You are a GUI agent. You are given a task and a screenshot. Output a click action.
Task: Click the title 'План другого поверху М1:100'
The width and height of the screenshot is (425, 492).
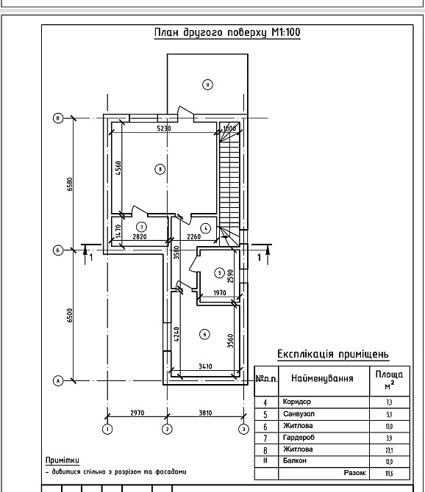pyautogui.click(x=227, y=32)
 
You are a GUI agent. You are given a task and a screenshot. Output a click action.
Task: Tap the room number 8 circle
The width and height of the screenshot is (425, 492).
pyautogui.click(x=160, y=170)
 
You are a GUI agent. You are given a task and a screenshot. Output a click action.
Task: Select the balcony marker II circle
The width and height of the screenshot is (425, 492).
pyautogui.click(x=207, y=84)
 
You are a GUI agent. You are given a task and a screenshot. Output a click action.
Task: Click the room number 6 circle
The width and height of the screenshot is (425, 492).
pyautogui.click(x=205, y=334)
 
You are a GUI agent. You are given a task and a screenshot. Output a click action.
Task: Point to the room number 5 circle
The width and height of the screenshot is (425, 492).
pyautogui.click(x=220, y=273)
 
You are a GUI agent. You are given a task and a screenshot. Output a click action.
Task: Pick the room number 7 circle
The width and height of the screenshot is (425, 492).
pyautogui.click(x=141, y=227)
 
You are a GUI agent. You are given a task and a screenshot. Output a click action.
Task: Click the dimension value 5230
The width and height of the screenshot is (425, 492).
pyautogui.click(x=164, y=129)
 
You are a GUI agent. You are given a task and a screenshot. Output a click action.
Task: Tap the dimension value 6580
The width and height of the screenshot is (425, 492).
pyautogui.click(x=70, y=184)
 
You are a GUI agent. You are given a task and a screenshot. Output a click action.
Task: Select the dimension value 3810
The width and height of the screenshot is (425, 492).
pyautogui.click(x=205, y=413)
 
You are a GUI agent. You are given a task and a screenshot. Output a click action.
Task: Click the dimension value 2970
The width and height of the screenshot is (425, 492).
pyautogui.click(x=137, y=413)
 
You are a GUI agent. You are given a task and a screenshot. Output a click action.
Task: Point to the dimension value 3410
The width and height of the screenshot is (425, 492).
pyautogui.click(x=205, y=366)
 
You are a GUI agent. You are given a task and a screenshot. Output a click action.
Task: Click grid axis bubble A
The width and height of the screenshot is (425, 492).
pyautogui.click(x=58, y=380)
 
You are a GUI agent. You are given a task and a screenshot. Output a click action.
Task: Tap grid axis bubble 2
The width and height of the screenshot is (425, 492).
pyautogui.click(x=167, y=429)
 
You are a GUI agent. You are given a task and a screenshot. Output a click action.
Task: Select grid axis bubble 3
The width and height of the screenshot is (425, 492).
pyautogui.click(x=244, y=429)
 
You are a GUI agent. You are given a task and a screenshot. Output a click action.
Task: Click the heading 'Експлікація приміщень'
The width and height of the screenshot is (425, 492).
pyautogui.click(x=333, y=354)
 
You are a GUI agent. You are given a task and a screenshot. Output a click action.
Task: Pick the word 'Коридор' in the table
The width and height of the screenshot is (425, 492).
pyautogui.click(x=297, y=402)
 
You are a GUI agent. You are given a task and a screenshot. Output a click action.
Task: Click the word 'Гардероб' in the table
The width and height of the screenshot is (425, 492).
pyautogui.click(x=299, y=438)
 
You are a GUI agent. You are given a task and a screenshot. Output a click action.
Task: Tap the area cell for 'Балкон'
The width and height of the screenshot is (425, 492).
pyautogui.click(x=390, y=461)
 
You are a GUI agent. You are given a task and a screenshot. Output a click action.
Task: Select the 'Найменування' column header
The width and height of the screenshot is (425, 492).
pyautogui.click(x=322, y=378)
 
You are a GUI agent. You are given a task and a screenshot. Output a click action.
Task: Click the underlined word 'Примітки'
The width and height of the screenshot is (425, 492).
pyautogui.click(x=63, y=460)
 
